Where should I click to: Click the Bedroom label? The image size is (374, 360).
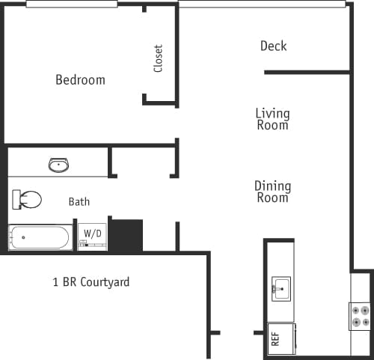pyautogui.click(x=80, y=79)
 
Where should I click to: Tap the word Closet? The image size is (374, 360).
pyautogui.click(x=158, y=58)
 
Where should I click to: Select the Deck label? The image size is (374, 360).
pyautogui.click(x=273, y=46)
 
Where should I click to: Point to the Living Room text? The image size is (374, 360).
pyautogui.click(x=272, y=120)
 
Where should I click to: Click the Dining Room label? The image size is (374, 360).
pyautogui.click(x=272, y=192)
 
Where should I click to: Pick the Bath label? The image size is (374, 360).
pyautogui.click(x=79, y=201)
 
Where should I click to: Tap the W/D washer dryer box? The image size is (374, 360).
pyautogui.click(x=93, y=236)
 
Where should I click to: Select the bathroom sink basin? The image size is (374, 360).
pyautogui.click(x=59, y=165)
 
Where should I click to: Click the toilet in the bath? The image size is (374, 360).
pyautogui.click(x=28, y=200)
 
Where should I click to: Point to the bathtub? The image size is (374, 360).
pyautogui.click(x=40, y=238)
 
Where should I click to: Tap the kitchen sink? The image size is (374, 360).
pyautogui.click(x=281, y=287)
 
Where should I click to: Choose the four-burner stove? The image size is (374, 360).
pyautogui.click(x=361, y=316)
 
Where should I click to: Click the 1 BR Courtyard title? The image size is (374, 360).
pyautogui.click(x=91, y=282)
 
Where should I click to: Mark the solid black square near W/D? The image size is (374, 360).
pyautogui.click(x=126, y=235)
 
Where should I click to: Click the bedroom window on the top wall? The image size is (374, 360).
pyautogui.click(x=72, y=4)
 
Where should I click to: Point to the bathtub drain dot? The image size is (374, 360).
pyautogui.click(x=23, y=238)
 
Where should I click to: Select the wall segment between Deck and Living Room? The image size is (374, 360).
pyautogui.click(x=307, y=72)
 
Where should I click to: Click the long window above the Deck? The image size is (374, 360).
pyautogui.click(x=262, y=4)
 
